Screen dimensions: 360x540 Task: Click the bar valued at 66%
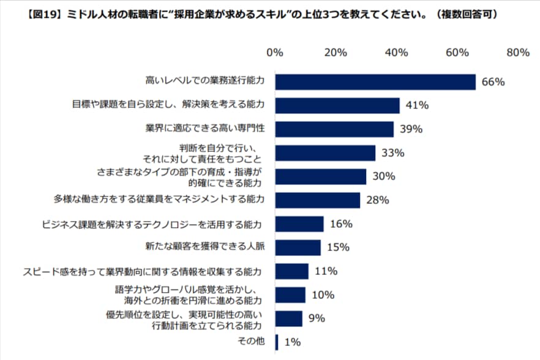[x=375, y=82]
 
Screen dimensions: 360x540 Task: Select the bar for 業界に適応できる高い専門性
[x=334, y=129]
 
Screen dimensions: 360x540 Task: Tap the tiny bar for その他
[x=277, y=342]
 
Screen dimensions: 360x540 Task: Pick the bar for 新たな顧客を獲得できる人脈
[x=298, y=247]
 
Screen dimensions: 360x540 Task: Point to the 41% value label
[x=416, y=105]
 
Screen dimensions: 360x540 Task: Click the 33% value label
[x=392, y=153]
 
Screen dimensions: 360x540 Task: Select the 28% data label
[x=377, y=200]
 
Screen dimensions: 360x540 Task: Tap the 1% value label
[x=293, y=343]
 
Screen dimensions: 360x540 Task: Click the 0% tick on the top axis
[x=275, y=53]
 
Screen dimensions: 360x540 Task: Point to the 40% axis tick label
[x=397, y=53]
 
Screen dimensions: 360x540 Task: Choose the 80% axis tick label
[x=518, y=53]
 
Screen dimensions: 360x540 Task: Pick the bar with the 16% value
[x=299, y=224]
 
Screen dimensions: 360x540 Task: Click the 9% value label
[x=317, y=318]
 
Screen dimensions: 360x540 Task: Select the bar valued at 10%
[x=290, y=295]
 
